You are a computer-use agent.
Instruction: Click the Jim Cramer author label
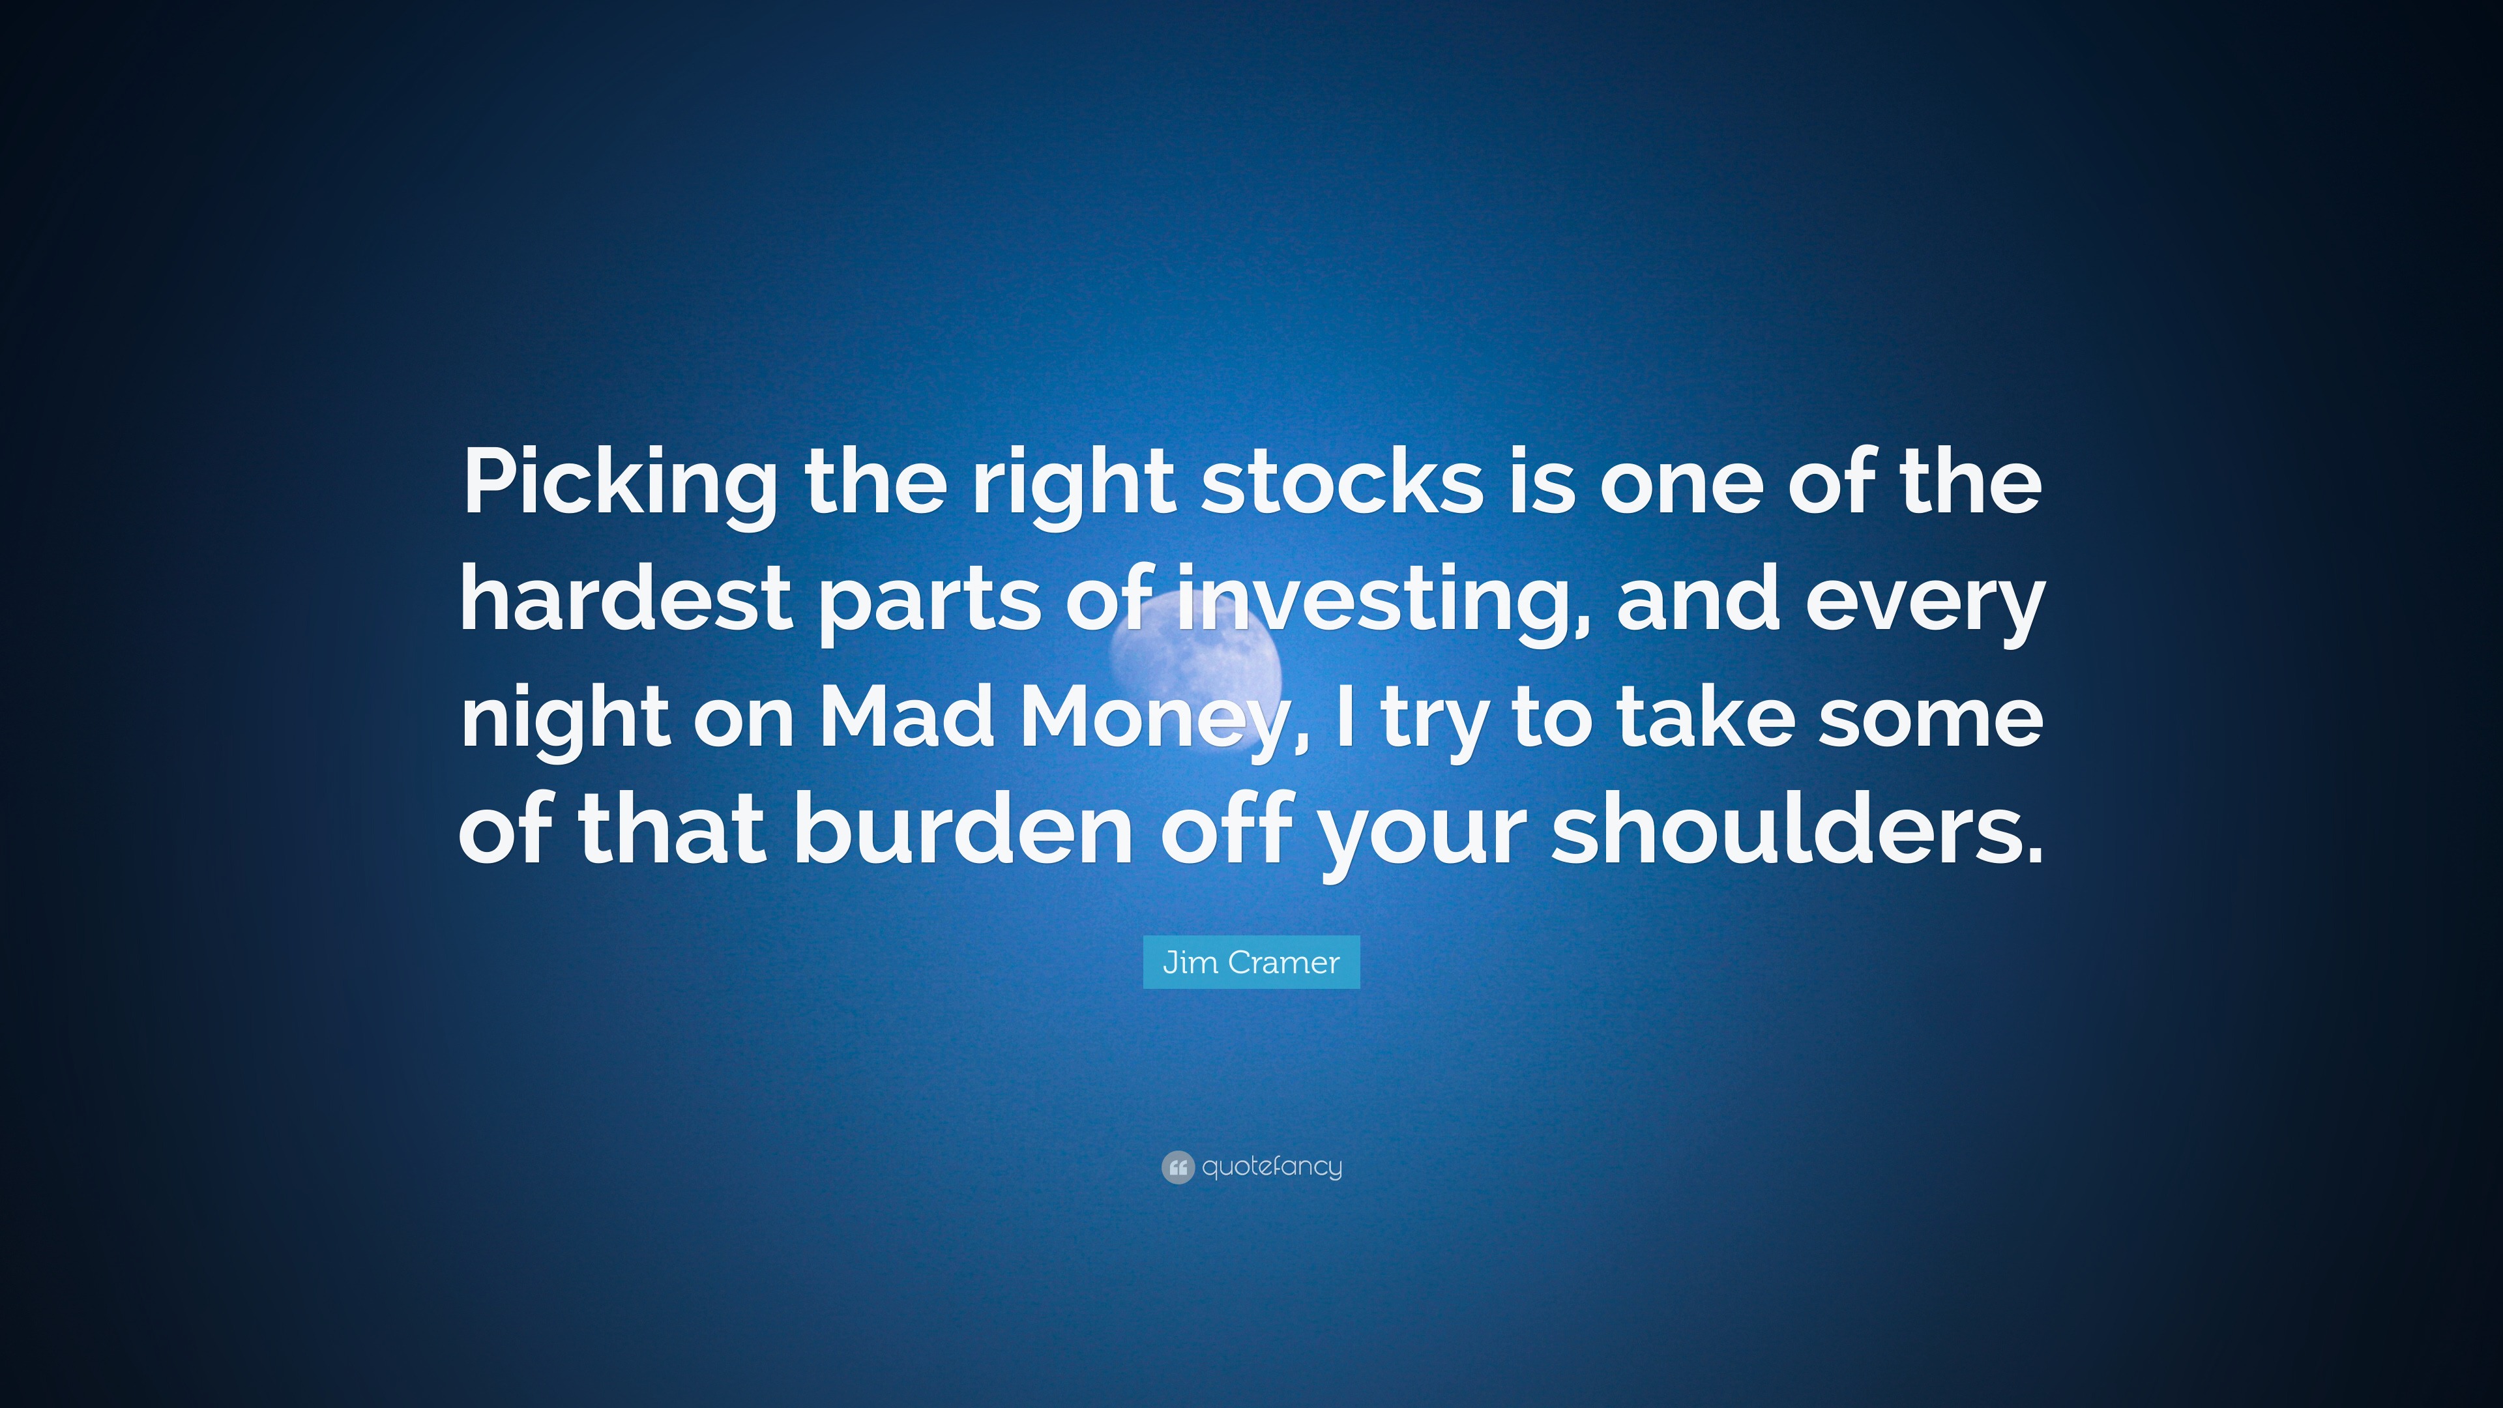(x=1251, y=962)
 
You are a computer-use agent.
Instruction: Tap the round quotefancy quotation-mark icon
(x=1177, y=1166)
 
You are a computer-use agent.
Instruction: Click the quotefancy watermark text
(x=1271, y=1166)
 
